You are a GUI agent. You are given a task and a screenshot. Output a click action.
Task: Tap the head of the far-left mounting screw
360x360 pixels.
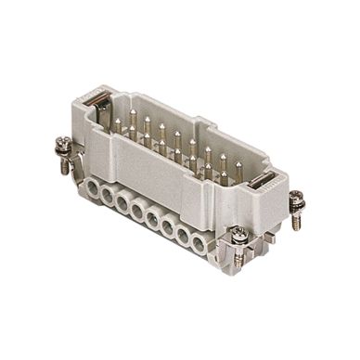(61, 145)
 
